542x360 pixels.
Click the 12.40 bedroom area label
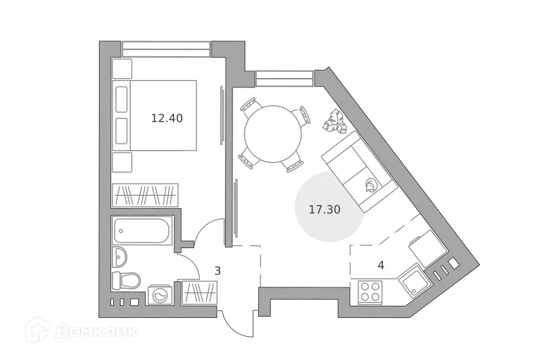click(x=167, y=118)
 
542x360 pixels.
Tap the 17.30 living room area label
click(x=325, y=209)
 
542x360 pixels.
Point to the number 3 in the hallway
click(x=217, y=271)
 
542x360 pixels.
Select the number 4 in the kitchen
click(x=381, y=265)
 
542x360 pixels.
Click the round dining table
click(x=272, y=134)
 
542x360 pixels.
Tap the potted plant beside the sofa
click(x=335, y=123)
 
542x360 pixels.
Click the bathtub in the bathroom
click(x=142, y=231)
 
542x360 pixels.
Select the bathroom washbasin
click(x=120, y=257)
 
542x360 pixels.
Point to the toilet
click(x=127, y=279)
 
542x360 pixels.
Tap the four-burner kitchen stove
click(x=370, y=292)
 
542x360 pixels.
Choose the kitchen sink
click(x=411, y=281)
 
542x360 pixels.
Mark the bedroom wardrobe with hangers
click(x=145, y=195)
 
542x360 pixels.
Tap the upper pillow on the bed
click(x=122, y=99)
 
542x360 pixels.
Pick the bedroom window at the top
click(x=166, y=50)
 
